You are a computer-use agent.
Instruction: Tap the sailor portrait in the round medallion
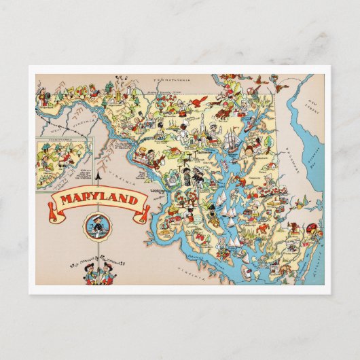point(94,227)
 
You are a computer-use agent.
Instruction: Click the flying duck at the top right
point(261,84)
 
